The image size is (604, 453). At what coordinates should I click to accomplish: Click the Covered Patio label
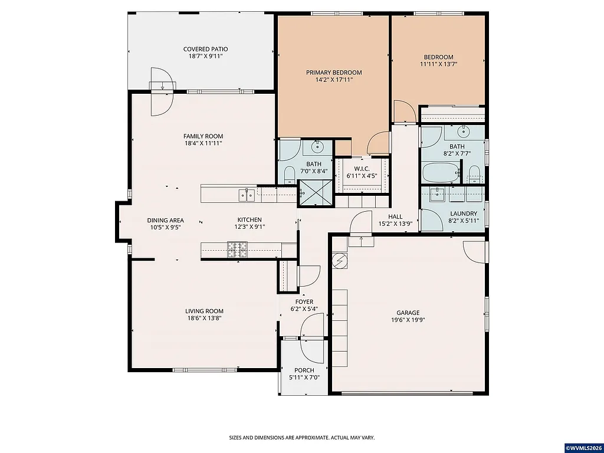tap(205, 50)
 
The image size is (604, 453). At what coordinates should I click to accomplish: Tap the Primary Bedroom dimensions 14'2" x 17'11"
tap(334, 80)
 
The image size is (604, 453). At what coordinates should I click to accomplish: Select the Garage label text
tap(408, 313)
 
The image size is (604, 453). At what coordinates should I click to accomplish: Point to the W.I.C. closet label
tap(362, 169)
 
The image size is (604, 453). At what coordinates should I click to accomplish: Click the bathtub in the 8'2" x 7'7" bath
tap(440, 173)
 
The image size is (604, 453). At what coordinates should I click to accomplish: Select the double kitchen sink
tap(247, 194)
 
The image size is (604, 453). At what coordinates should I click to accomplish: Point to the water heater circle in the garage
tap(340, 260)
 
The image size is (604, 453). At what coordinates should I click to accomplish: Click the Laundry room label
tap(464, 214)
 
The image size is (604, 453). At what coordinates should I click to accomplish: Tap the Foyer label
tap(304, 301)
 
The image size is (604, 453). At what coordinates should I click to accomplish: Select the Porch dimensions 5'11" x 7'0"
tap(304, 377)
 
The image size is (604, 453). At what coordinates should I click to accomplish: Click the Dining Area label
tap(165, 220)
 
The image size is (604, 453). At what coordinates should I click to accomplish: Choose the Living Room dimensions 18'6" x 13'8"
tap(204, 319)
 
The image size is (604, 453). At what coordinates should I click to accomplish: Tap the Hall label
tap(395, 216)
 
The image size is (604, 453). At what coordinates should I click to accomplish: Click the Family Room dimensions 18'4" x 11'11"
tap(203, 143)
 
